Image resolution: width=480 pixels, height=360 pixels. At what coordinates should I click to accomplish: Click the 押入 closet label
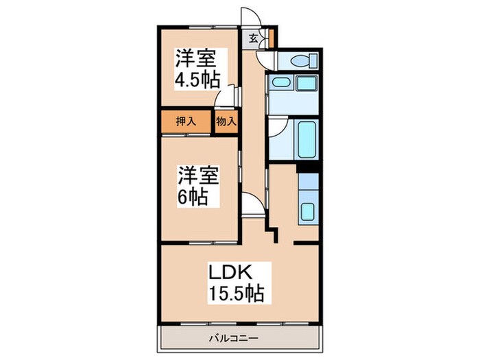point(187,121)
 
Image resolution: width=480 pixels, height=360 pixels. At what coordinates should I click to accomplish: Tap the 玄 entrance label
point(252,38)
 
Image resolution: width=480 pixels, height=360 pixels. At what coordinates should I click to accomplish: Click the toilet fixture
point(298,62)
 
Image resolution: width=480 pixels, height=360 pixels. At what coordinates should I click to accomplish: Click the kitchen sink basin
point(308,213)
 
